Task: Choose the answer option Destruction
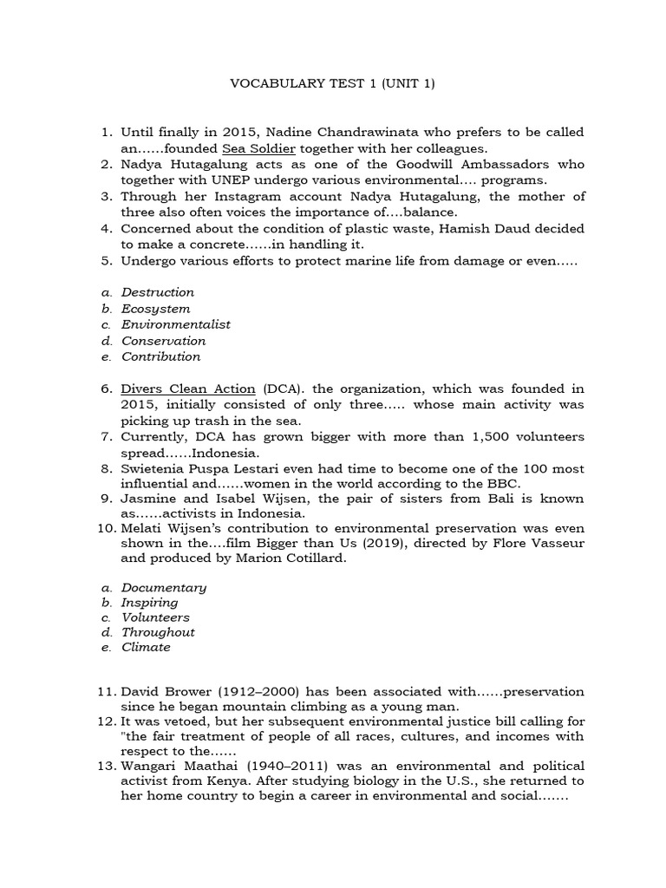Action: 158,292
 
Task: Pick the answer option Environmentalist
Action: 176,324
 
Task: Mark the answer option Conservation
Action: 163,341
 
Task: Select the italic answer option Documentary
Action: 164,587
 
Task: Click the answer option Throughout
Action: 158,632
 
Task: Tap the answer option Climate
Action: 146,647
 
